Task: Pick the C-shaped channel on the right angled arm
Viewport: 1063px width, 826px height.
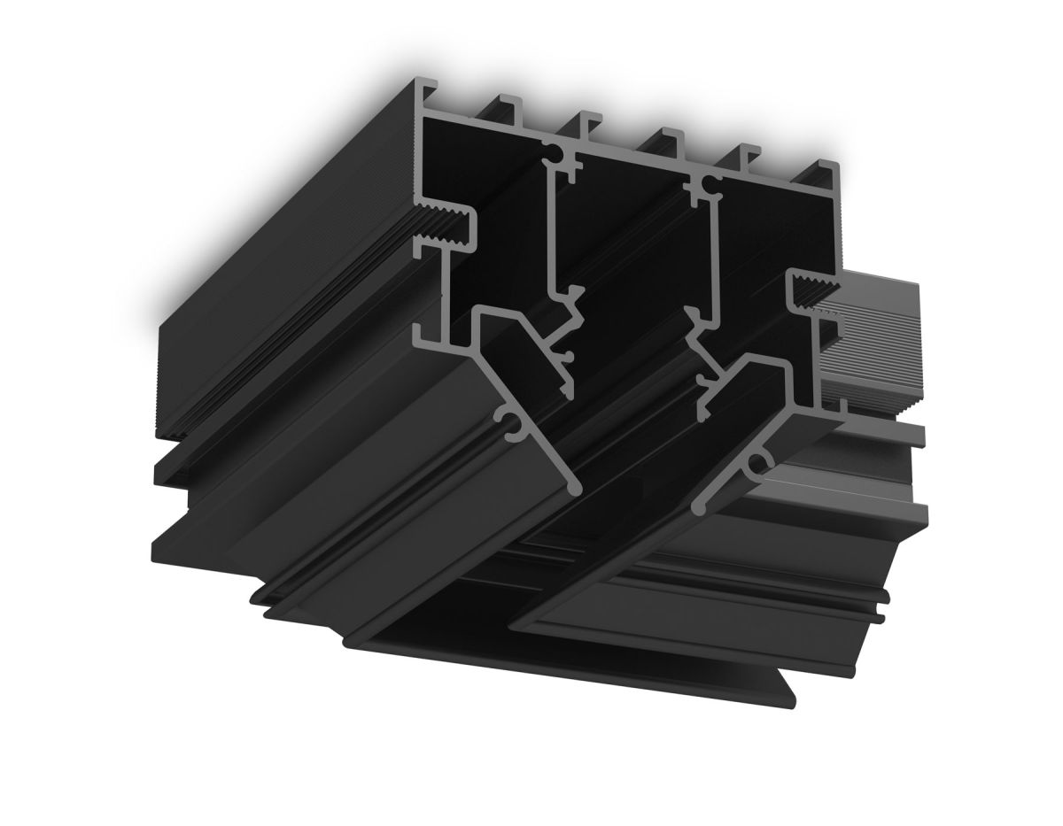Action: pos(757,463)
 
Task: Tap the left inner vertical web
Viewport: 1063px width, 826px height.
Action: pos(552,230)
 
